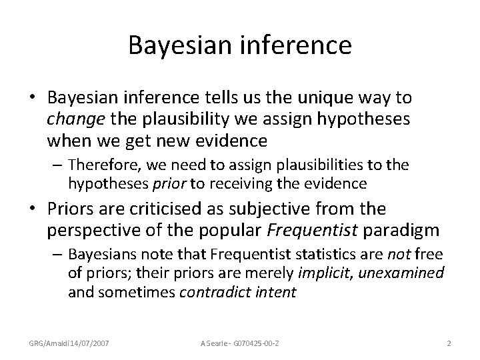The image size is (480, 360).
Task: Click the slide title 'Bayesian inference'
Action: pos(240,45)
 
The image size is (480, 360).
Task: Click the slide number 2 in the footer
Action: pos(449,343)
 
